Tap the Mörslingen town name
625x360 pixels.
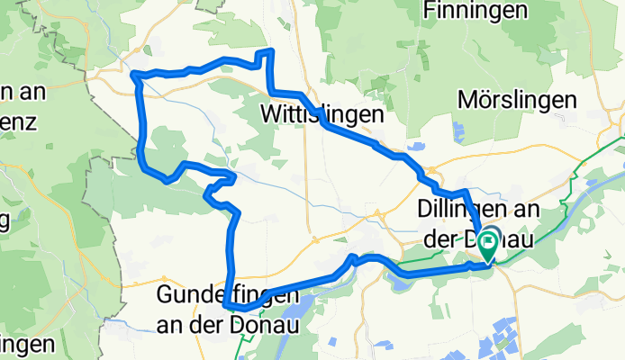coord(517,100)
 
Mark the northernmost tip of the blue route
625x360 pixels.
coord(267,51)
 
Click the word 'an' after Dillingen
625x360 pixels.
coord(524,209)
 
